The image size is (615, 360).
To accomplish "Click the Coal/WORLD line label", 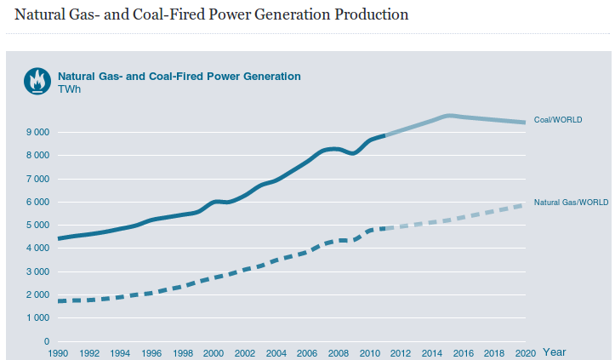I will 557,120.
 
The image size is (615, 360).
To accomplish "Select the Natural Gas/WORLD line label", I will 571,203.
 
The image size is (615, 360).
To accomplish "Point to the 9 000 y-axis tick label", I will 37,133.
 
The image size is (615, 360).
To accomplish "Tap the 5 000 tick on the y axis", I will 37,226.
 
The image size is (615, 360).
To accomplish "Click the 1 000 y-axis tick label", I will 37,318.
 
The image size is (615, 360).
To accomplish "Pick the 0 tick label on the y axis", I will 47,341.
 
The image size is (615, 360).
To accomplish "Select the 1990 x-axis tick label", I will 58,352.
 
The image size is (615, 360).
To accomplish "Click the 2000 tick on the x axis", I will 213,352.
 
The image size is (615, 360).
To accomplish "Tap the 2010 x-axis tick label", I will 367,352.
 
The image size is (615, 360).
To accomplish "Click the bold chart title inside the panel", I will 179,76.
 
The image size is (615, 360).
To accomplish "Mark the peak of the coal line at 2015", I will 448,115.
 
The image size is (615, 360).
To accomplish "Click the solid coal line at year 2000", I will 214,202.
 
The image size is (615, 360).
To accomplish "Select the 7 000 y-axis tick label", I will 37,179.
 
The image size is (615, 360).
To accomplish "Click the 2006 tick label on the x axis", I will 305,352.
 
